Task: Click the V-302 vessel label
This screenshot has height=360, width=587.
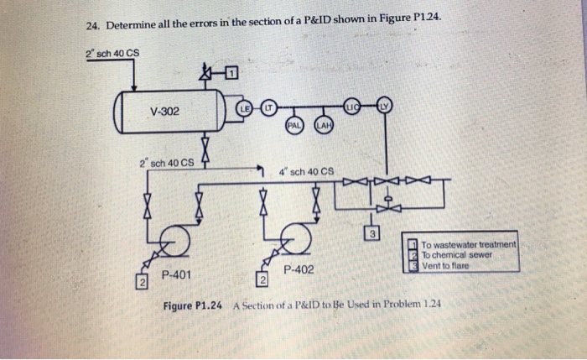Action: [x=164, y=112]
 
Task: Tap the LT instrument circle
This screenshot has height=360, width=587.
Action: [x=267, y=107]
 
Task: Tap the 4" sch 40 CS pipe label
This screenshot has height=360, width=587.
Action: [x=305, y=171]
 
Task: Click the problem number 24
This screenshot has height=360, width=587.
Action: [x=93, y=26]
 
